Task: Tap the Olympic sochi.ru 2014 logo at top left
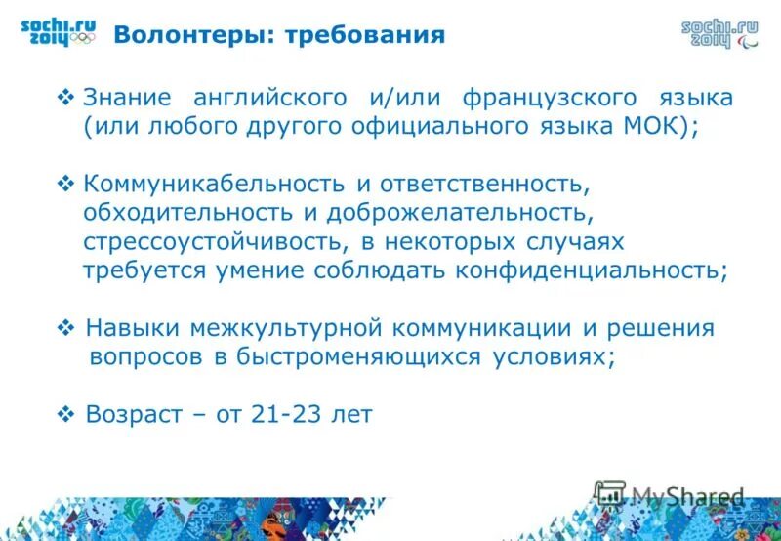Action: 58,31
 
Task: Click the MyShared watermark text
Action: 686,496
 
